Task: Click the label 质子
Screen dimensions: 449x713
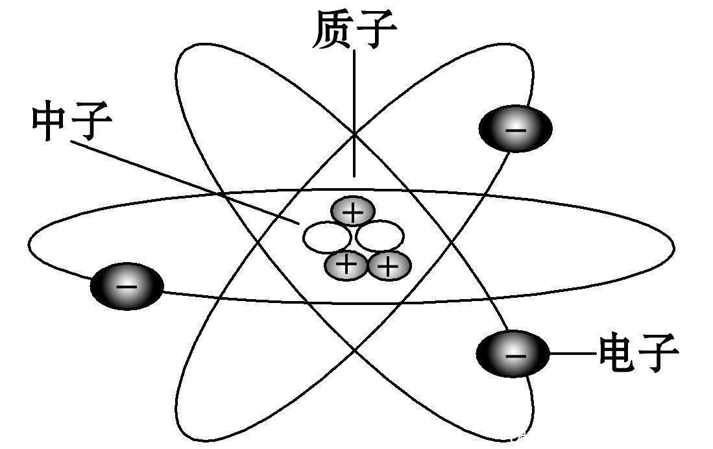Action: pyautogui.click(x=354, y=30)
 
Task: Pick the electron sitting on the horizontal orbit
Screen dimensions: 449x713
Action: pyautogui.click(x=127, y=286)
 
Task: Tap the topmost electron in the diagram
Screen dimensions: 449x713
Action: pyautogui.click(x=516, y=128)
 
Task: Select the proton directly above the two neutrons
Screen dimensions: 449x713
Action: pyautogui.click(x=353, y=212)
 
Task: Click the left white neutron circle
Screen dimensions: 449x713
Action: pyautogui.click(x=326, y=237)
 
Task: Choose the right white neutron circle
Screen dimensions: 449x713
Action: pyautogui.click(x=380, y=237)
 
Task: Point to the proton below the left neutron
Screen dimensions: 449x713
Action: pyautogui.click(x=346, y=265)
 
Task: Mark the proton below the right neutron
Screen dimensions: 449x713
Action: pyautogui.click(x=389, y=266)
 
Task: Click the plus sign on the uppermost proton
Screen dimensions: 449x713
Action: pyautogui.click(x=353, y=212)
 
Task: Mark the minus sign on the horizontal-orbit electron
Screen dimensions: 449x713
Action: pyautogui.click(x=127, y=287)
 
